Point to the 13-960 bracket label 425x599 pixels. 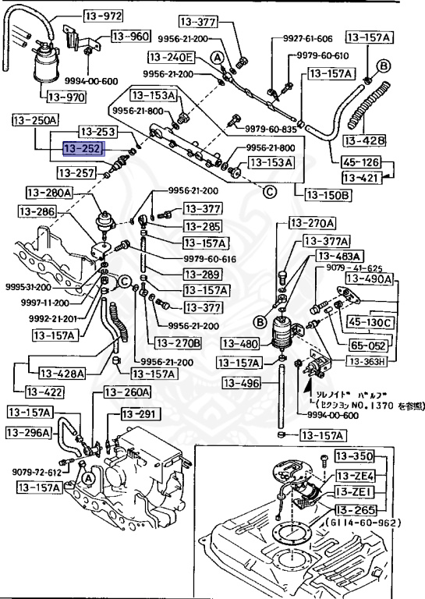[129, 36]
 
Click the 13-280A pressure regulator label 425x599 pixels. [48, 193]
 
